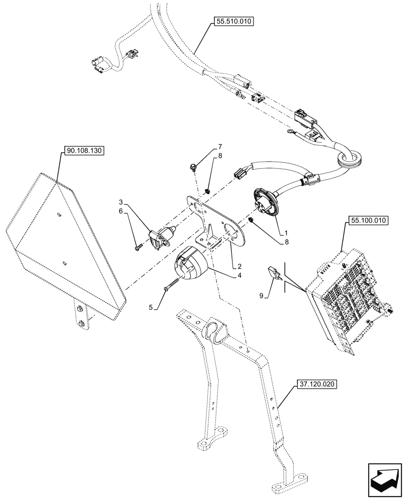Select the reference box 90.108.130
(84, 150)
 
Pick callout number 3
(121, 202)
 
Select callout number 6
(121, 212)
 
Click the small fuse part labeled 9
(274, 272)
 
